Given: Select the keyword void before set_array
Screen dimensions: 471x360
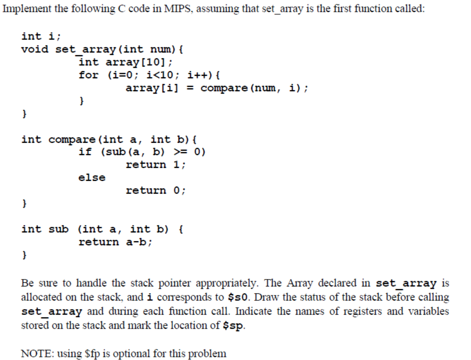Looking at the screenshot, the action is click(35, 49).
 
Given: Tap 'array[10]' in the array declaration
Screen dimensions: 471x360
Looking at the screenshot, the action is click(139, 62).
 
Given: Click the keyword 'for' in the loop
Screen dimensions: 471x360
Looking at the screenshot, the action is click(88, 75).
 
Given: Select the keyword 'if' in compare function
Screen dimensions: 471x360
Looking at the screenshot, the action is click(85, 152).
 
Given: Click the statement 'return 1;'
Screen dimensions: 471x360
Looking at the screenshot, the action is click(156, 165).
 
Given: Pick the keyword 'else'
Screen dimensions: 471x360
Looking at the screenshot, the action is click(92, 178).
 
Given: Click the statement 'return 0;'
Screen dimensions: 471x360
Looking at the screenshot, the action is click(156, 190).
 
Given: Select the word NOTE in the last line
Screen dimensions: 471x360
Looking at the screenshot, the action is click(34, 353).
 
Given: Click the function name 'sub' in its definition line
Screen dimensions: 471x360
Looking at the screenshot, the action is click(58, 229).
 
